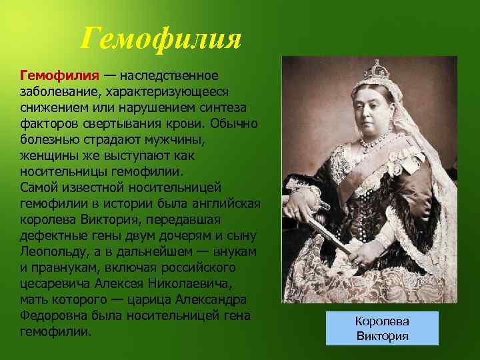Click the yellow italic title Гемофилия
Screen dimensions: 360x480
coord(160,39)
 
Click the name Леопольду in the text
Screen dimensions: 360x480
coord(57,252)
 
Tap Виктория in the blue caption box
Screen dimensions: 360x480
coord(382,336)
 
